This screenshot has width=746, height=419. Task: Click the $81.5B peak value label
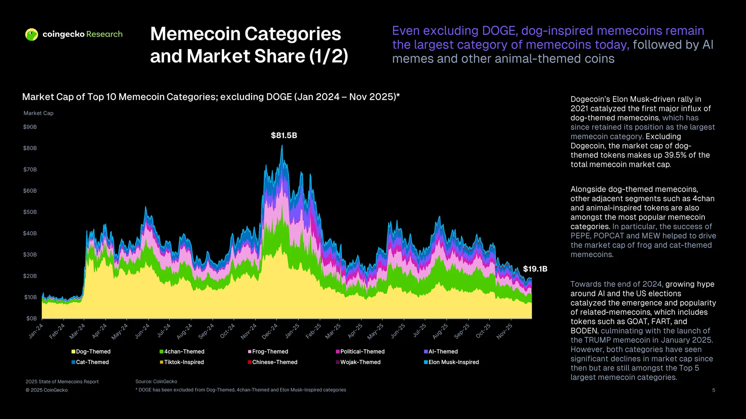pos(284,136)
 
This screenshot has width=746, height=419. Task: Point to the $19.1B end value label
pos(535,269)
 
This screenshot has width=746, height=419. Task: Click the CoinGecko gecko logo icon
pos(32,35)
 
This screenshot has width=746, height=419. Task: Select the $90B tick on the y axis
pos(30,127)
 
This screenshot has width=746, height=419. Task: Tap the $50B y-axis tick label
pos(30,212)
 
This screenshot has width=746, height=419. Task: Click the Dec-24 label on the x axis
pos(270,331)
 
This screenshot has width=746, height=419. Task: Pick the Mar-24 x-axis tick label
pos(77,331)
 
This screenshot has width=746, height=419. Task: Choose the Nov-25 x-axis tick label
pos(504,331)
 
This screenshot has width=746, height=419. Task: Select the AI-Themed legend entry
pos(443,352)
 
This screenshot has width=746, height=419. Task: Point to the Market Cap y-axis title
pos(38,113)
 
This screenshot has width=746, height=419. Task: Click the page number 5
pos(714,390)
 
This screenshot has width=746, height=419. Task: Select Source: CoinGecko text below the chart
pos(156,382)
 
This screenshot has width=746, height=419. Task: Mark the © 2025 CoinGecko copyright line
pos(47,390)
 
